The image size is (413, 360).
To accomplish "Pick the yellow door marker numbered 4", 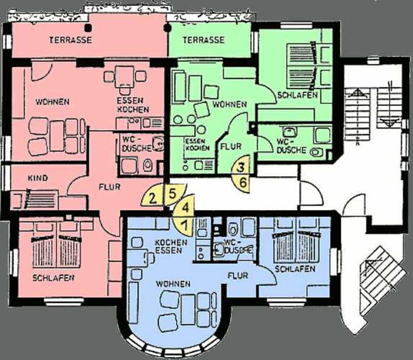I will coord(185,207).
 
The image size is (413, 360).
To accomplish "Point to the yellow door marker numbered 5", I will coord(172,192).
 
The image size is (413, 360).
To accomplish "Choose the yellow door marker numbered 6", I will coord(243,182).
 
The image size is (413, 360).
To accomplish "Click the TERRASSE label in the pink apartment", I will coord(71,40).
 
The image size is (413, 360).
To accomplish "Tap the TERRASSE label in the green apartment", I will coord(204,40).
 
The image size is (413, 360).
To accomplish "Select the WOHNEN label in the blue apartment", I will coord(173,284).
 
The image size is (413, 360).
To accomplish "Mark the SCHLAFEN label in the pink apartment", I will coord(53,278).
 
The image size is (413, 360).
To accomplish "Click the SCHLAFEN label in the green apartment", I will coord(297,95).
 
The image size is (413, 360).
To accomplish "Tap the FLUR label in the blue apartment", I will coord(238,274).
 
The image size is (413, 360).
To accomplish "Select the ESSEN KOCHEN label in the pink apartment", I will coord(133,105).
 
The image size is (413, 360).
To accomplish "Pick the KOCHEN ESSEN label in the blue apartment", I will coord(171,246).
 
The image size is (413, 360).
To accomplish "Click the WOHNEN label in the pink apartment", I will coord(52,102).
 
